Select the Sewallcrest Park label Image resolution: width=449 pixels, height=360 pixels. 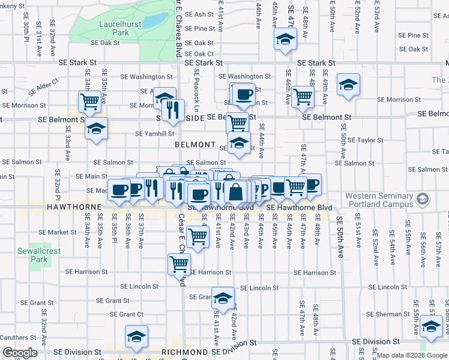coord(39,255)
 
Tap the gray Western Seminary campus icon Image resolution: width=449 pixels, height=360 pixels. coord(423,199)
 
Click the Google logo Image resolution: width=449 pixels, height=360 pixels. coord(20,353)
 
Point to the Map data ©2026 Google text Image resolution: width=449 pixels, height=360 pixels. coord(412,355)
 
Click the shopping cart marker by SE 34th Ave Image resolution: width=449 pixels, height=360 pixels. coord(89,101)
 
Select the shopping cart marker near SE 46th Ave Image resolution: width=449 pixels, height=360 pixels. coord(303,95)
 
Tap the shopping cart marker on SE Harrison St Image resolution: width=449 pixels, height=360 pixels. coord(179,263)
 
